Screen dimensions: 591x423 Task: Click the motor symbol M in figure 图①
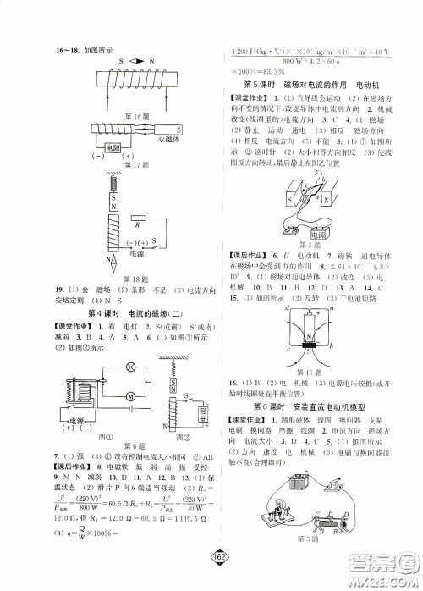point(129,395)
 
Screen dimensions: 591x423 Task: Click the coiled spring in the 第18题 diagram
point(112,181)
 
